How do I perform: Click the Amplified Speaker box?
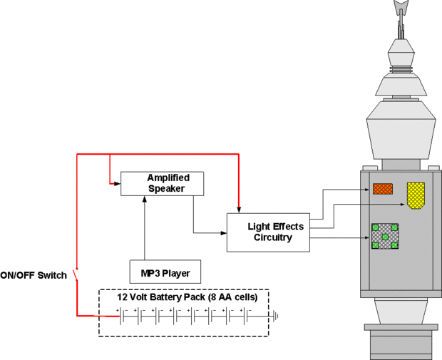point(163,183)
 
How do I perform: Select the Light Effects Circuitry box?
point(269,232)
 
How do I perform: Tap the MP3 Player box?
point(165,272)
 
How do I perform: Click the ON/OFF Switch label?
point(34,275)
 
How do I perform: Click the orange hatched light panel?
point(383,188)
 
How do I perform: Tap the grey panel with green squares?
point(385,236)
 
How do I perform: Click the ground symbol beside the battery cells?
point(274,314)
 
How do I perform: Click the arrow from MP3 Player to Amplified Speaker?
point(145,228)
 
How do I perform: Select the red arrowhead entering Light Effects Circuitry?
point(239,208)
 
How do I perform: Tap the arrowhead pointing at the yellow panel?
point(403,205)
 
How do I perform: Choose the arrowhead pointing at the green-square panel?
point(368,237)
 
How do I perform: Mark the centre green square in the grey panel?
point(385,236)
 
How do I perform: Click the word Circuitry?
point(272,237)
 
